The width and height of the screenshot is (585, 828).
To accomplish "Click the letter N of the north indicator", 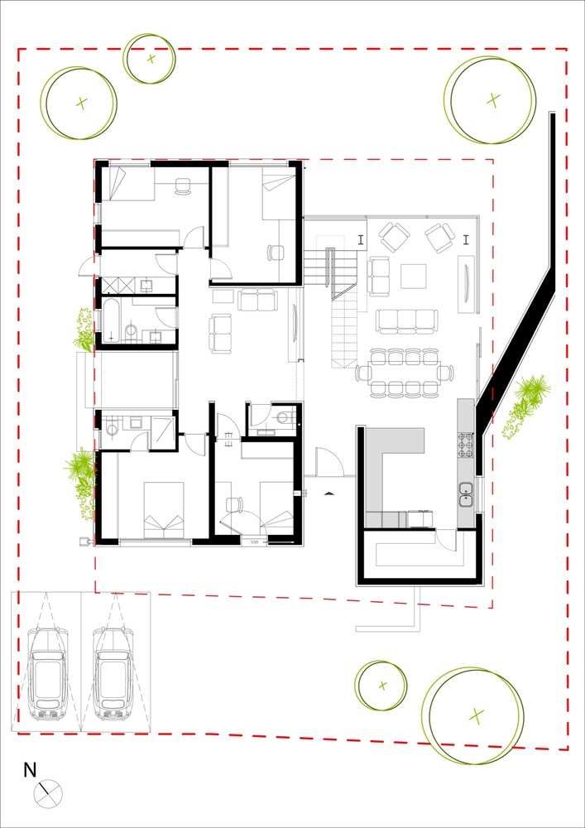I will pyautogui.click(x=30, y=770).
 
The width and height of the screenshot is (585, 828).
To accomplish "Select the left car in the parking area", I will pyautogui.click(x=47, y=672).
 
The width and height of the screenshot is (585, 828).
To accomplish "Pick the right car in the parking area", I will pyautogui.click(x=113, y=672).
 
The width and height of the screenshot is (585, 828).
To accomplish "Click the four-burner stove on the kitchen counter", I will pyautogui.click(x=466, y=445).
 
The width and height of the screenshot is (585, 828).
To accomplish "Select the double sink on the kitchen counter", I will pyautogui.click(x=466, y=493).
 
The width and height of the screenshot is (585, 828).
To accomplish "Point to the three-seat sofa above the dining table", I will pyautogui.click(x=406, y=320).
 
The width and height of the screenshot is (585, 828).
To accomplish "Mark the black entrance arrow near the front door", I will pyautogui.click(x=329, y=493).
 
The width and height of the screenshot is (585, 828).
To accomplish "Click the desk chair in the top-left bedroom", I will pyautogui.click(x=183, y=187).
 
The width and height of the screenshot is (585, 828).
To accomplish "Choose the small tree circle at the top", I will pyautogui.click(x=151, y=58).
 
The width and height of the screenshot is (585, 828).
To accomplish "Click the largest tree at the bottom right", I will pyautogui.click(x=473, y=715).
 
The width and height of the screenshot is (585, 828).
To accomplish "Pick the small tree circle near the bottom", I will pyautogui.click(x=381, y=685).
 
